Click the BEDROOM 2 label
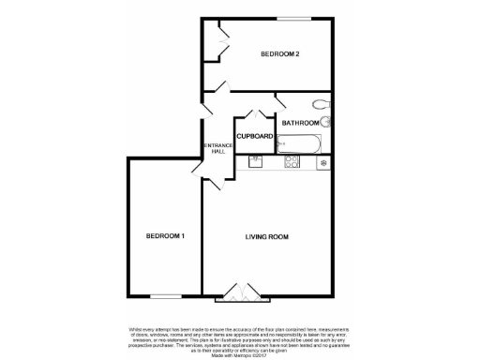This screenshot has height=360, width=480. click(x=279, y=54)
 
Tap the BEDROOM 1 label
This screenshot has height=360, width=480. click(x=164, y=235)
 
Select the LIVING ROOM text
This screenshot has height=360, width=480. click(x=266, y=235)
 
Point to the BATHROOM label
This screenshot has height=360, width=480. click(x=300, y=123)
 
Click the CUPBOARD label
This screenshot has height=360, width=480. click(x=254, y=137)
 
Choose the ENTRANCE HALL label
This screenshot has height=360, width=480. click(x=217, y=148)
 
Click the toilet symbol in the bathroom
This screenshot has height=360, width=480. click(x=321, y=104)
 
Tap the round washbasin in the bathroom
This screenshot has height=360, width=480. click(x=325, y=122)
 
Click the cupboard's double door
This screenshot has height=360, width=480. click(x=254, y=118)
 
